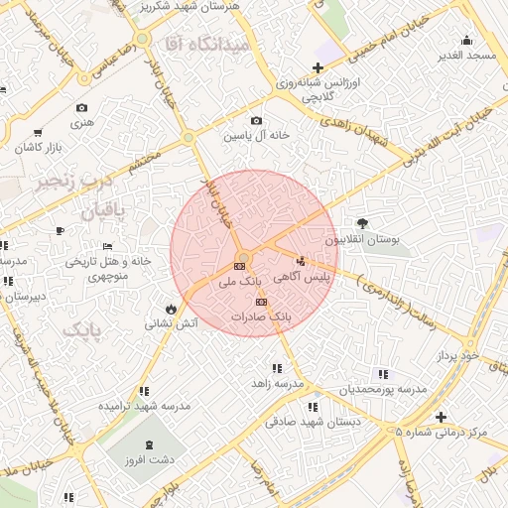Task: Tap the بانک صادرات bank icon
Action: (261, 302)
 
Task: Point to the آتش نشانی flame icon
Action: (173, 308)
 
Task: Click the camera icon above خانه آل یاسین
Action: (257, 121)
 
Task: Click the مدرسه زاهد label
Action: (276, 382)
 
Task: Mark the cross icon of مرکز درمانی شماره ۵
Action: (442, 417)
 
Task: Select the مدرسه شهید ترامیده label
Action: (144, 407)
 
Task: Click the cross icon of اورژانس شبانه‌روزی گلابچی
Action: (317, 67)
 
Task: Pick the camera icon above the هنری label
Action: (81, 107)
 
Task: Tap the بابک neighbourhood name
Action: (81, 328)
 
